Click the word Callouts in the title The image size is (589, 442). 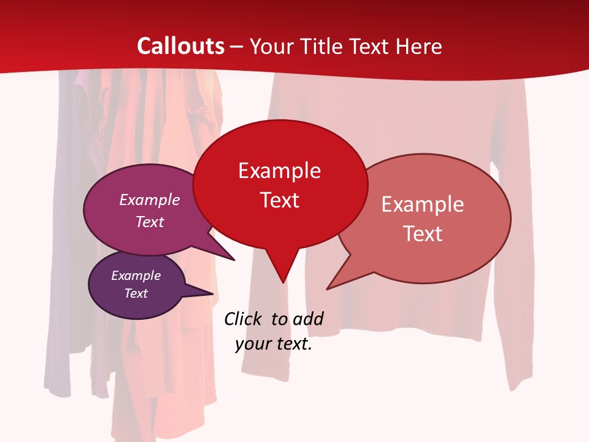point(180,46)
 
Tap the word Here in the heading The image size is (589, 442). point(419,46)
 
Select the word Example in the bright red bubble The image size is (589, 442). point(279,171)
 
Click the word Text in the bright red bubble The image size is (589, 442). point(279,200)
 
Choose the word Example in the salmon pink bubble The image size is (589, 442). point(422,204)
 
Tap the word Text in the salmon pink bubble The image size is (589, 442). point(423,234)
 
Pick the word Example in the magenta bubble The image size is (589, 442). point(150,200)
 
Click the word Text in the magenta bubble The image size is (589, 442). point(150,222)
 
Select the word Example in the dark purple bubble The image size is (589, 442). point(136,276)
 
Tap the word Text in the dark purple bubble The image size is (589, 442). point(136,293)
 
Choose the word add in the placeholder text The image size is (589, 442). point(308,319)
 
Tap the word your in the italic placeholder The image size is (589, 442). point(252,344)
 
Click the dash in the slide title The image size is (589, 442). point(237,47)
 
